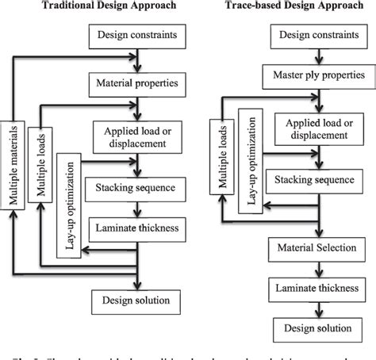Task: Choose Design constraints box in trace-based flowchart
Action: (314, 36)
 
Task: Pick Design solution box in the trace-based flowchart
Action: (314, 328)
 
